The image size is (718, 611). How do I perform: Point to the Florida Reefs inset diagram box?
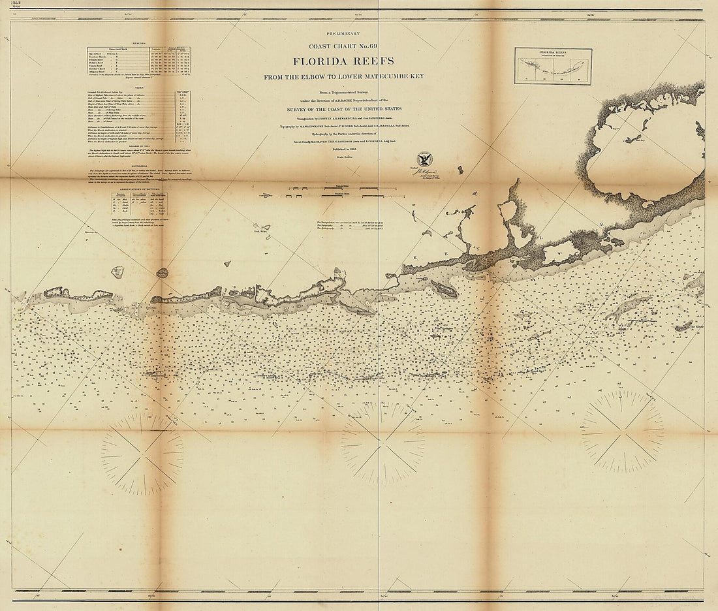pos(553,66)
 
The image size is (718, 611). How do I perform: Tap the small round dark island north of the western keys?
pos(161,272)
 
